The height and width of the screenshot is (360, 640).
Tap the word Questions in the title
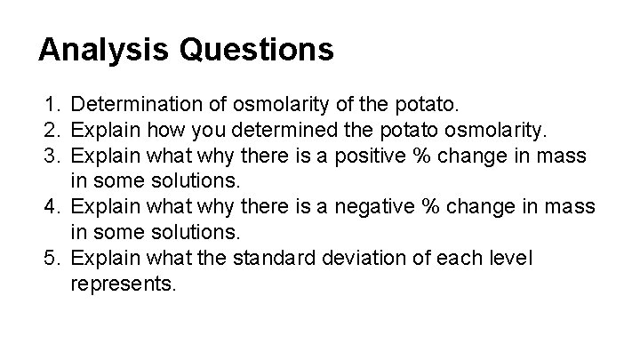(x=257, y=49)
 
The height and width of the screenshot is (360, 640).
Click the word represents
(x=124, y=284)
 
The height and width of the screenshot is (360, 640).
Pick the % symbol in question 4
(x=437, y=208)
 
